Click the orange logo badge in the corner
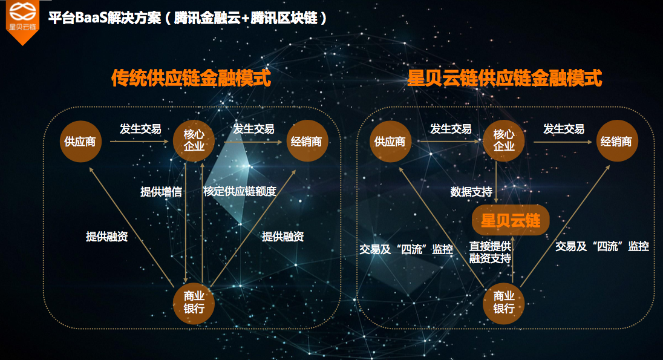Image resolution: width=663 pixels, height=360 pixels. [x=22, y=21]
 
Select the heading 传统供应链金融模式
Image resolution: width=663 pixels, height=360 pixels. [x=191, y=78]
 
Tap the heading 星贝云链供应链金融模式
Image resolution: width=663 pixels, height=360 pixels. [x=505, y=78]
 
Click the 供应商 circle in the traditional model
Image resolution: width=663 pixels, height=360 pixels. [x=80, y=142]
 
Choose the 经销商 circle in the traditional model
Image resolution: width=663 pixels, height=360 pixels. [x=307, y=141]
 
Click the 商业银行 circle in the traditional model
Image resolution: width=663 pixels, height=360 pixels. [x=194, y=303]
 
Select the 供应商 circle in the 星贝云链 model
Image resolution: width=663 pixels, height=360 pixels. [x=390, y=142]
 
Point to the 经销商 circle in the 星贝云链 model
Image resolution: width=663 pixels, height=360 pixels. [x=617, y=141]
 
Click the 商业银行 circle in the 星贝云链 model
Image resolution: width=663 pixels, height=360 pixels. [x=503, y=303]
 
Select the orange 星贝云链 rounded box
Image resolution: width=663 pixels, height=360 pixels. [x=511, y=220]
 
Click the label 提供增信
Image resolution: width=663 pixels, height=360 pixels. [x=161, y=192]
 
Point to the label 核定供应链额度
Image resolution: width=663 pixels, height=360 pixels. [x=240, y=191]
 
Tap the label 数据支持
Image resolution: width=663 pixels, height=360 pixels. [x=471, y=192]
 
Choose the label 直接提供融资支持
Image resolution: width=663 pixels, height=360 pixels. [x=490, y=252]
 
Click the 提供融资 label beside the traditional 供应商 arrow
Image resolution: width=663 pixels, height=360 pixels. [x=107, y=237]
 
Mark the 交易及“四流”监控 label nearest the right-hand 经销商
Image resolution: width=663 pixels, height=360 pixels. [x=602, y=246]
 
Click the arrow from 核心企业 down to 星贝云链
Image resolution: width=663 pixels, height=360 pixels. [x=496, y=182]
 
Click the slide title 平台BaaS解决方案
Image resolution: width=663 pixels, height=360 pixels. [x=105, y=18]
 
